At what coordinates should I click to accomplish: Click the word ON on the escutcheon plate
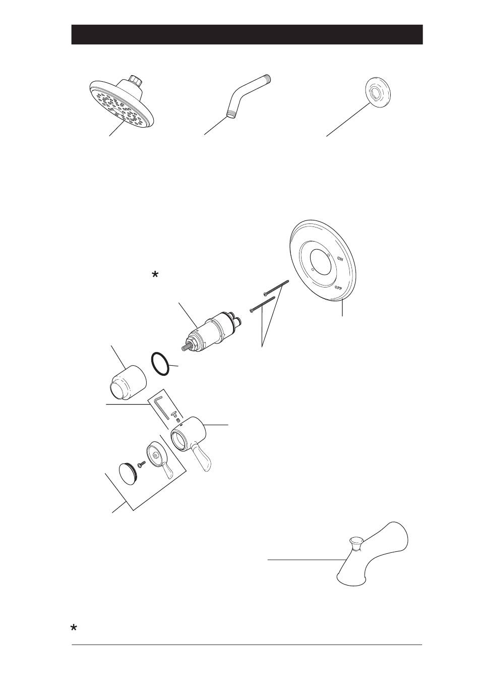pos(340,258)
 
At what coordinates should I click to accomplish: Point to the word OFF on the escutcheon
pos(338,288)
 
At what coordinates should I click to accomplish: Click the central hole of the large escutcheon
pos(321,262)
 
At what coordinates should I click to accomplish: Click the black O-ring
pos(160,363)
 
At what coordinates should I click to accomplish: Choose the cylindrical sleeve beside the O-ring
pos(128,382)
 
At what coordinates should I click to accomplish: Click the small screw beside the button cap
pos(142,464)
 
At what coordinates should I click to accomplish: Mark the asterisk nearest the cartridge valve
pos(155,274)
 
